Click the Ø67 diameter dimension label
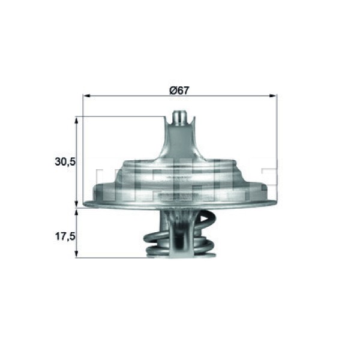[x=180, y=90]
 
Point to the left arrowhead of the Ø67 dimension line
[x=85, y=95]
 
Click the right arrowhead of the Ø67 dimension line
[x=274, y=95]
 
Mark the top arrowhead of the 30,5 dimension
[x=76, y=119]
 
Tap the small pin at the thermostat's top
[x=179, y=116]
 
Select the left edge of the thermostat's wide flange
[x=86, y=204]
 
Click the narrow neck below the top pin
[x=179, y=144]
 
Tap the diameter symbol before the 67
[x=172, y=90]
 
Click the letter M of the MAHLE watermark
[x=112, y=184]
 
